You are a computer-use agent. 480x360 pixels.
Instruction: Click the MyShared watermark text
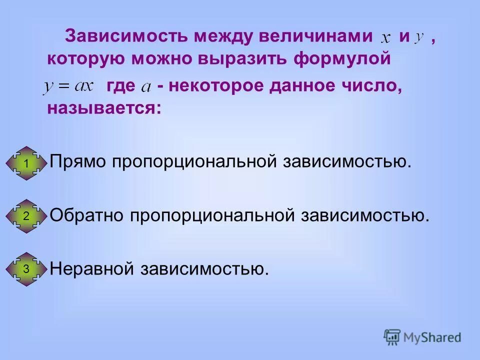tap(432, 337)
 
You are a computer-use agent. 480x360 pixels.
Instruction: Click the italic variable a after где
tap(146, 87)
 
